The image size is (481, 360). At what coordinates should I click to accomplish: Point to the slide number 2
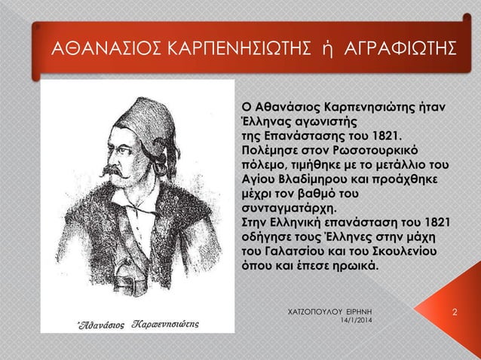point(455,311)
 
